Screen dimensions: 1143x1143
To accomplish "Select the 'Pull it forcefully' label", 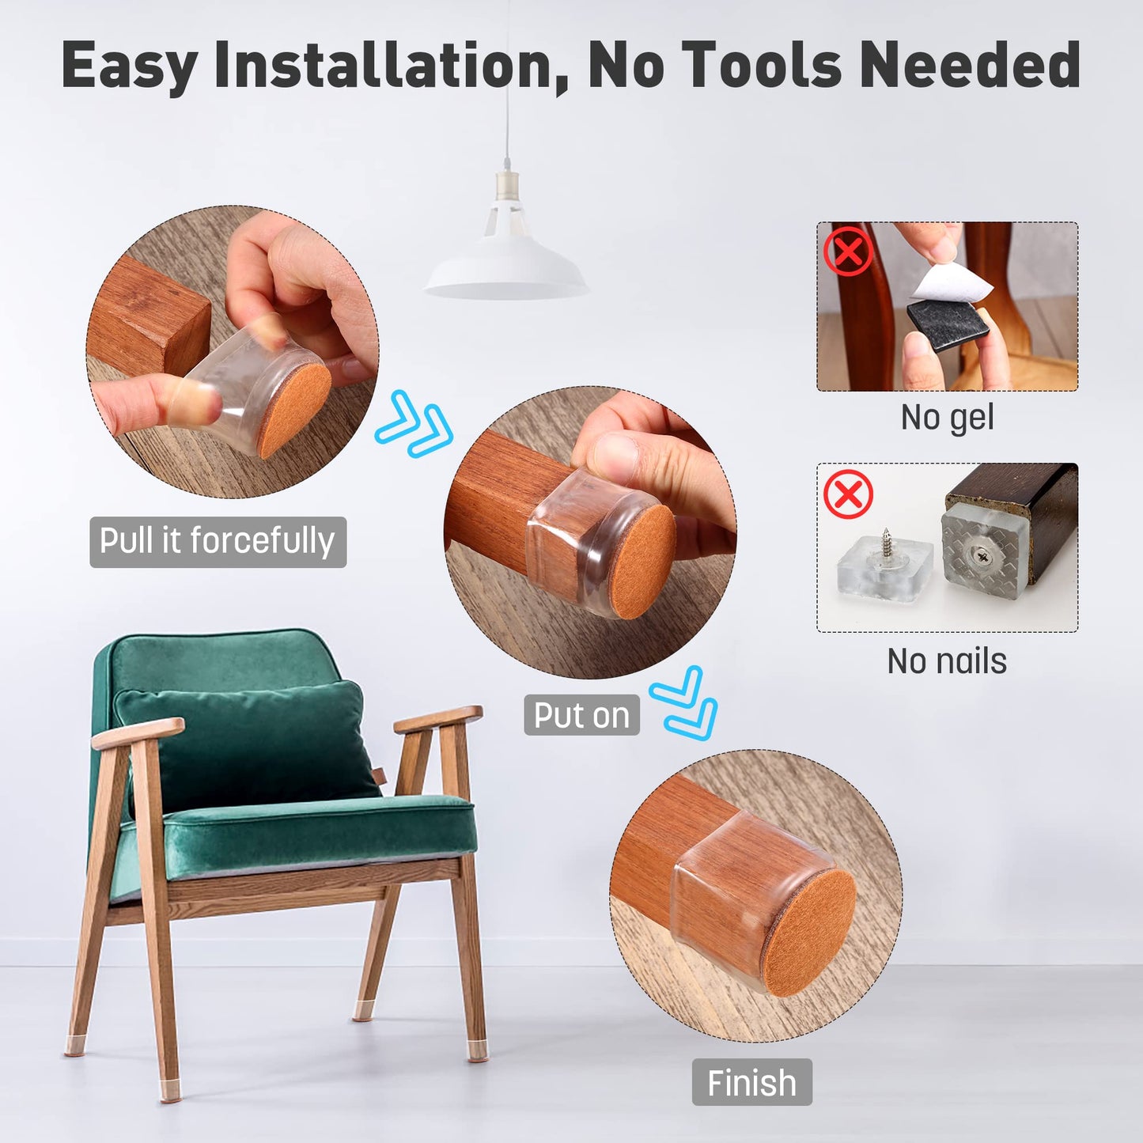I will pos(218,542).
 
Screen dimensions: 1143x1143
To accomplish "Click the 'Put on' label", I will pos(581,715).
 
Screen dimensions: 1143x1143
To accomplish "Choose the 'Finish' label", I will pos(751,1082).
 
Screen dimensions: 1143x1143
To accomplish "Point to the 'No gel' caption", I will pos(947,417).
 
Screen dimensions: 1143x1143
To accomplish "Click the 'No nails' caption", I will pos(947,661).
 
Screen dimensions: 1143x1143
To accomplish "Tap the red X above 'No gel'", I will pos(848,252).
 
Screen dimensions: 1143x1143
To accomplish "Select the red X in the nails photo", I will pos(848,495).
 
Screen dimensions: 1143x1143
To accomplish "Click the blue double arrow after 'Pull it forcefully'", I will pos(414,424).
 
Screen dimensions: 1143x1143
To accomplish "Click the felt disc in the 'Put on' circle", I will pos(642,561).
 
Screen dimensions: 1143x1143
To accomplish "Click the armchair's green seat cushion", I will pos(316,831).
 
